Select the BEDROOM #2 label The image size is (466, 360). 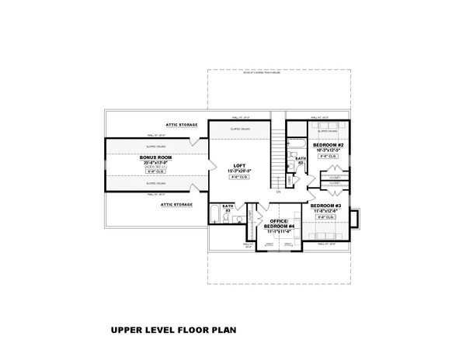329,145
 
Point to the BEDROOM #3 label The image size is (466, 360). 326,205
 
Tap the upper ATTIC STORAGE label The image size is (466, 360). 180,124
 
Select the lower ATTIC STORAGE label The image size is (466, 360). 177,204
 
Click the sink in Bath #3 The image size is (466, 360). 237,220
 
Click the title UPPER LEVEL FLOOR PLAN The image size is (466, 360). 173,330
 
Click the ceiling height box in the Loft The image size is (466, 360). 238,178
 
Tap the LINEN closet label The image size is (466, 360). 290,180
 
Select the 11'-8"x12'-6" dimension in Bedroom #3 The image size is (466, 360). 326,210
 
